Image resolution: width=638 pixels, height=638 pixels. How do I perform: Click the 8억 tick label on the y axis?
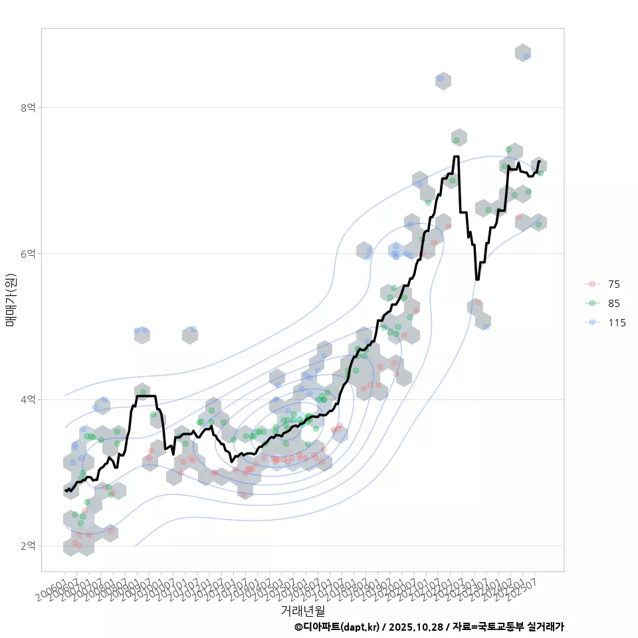pyautogui.click(x=29, y=107)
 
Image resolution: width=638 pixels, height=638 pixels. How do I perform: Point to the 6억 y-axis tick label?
pyautogui.click(x=29, y=253)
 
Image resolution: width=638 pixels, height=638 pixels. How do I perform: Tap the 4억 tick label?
pyautogui.click(x=29, y=399)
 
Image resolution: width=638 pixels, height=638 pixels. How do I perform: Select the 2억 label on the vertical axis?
pyautogui.click(x=29, y=546)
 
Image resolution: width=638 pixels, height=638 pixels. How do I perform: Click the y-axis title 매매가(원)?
pyautogui.click(x=10, y=299)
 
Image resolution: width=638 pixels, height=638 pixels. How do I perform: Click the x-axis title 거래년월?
pyautogui.click(x=302, y=610)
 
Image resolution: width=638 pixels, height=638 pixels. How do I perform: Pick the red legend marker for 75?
pyautogui.click(x=591, y=284)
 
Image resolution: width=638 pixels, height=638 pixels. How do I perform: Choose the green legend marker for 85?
pyautogui.click(x=591, y=304)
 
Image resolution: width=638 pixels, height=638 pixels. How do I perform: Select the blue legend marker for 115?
pyautogui.click(x=591, y=323)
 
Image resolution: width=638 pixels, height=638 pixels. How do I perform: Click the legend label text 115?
pyautogui.click(x=616, y=323)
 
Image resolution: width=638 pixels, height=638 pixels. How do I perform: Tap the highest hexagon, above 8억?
pyautogui.click(x=523, y=53)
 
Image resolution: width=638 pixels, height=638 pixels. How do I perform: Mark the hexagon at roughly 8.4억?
pyautogui.click(x=443, y=81)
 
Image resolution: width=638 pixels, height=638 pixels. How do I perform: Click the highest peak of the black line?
pyautogui.click(x=456, y=157)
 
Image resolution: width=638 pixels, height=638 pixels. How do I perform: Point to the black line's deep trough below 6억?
pyautogui.click(x=477, y=279)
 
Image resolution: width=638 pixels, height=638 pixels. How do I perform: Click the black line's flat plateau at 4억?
pyautogui.click(x=146, y=396)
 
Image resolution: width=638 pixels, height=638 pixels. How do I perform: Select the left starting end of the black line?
pyautogui.click(x=65, y=490)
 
